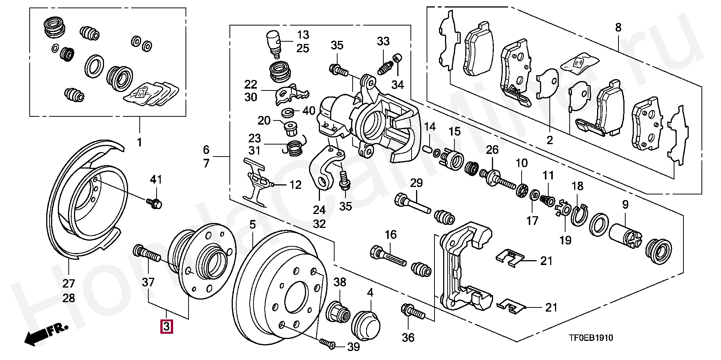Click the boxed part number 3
166,326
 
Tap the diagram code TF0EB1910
591,338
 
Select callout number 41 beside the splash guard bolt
156,179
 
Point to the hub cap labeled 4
366,325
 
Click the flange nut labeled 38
338,311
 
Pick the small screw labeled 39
327,343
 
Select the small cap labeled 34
397,58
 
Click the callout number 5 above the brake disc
252,224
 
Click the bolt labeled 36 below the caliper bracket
413,312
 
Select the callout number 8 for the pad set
618,27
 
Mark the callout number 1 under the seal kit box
139,142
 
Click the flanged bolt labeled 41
155,203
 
